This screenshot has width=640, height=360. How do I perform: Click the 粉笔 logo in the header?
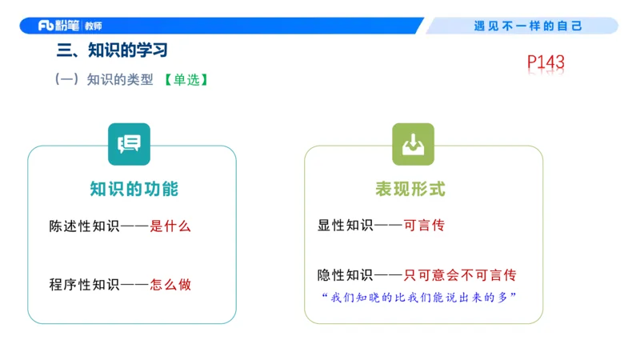coord(58,26)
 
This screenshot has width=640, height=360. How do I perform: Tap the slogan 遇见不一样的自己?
coord(528,26)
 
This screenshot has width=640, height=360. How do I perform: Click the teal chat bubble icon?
coord(129,144)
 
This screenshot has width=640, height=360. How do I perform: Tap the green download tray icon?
coord(413,144)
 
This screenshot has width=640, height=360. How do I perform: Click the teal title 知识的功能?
coord(134,190)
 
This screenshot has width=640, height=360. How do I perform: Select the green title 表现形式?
coord(410,190)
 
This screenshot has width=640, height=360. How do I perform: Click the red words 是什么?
coord(171,226)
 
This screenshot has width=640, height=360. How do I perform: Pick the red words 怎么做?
coord(171,284)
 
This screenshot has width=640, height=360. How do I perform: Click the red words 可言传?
coord(424,226)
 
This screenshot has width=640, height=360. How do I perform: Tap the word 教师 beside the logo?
coord(104,26)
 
